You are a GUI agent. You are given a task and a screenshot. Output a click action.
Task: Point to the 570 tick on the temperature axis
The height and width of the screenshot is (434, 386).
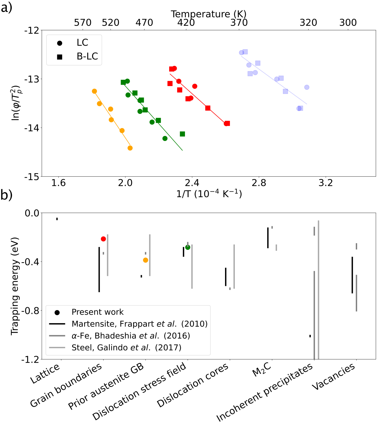pos(83,23)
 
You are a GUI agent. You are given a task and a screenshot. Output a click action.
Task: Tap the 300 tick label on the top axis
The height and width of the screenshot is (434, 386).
pos(348,23)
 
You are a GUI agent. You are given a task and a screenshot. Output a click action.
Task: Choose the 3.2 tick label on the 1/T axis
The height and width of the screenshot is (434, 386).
pos(326,183)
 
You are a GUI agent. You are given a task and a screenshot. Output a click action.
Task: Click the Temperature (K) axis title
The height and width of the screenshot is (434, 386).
pos(208,14)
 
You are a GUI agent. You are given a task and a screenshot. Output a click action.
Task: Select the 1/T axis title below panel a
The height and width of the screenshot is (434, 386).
pos(209,194)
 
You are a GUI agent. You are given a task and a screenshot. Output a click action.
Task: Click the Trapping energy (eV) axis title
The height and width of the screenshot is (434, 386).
pos(15,286)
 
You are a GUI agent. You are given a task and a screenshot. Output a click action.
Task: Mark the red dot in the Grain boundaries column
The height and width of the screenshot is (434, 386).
pos(103,239)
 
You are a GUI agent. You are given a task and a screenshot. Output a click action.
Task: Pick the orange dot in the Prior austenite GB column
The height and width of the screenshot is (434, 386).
pos(145,260)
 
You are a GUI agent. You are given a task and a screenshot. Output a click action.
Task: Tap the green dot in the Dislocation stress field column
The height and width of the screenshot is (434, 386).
pos(188,247)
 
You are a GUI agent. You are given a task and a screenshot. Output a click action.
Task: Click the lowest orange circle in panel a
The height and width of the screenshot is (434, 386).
pos(130,148)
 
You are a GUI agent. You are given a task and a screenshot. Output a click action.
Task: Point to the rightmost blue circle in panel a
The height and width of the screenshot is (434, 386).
pos(307,87)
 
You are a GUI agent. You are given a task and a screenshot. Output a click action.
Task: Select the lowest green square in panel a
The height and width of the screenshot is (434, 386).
pos(183,134)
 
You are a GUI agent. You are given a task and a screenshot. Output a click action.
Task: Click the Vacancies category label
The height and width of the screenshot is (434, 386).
pos(334,377)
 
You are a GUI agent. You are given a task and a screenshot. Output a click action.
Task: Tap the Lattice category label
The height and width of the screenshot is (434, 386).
pos(45,373)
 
